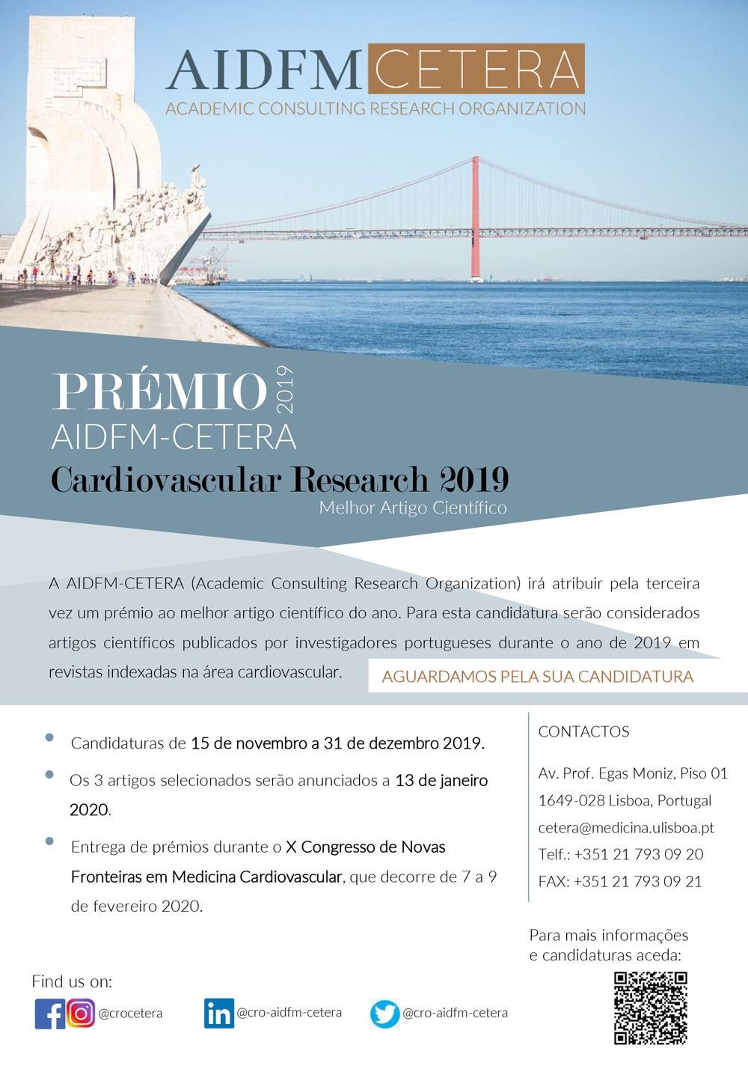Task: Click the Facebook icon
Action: coord(49,1014)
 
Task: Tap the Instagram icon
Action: coord(81,1013)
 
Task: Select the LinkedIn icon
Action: coord(218,1013)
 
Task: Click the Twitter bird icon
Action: coord(384,1014)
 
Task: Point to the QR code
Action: coord(650,1008)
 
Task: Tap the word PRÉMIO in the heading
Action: coord(159,391)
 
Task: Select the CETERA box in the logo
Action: coord(476,70)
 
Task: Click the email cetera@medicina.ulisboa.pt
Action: coord(625,827)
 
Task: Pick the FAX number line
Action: coord(619,881)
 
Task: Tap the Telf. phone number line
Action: coord(620,854)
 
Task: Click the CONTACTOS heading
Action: coord(583,731)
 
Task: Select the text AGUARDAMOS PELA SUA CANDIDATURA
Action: coord(537,677)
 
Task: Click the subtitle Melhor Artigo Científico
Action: coord(413,508)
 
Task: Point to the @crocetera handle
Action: coord(130,1014)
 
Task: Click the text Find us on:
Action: coord(72,981)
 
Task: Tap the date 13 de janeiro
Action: coord(441,780)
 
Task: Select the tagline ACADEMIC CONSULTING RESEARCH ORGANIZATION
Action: coord(375,109)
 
